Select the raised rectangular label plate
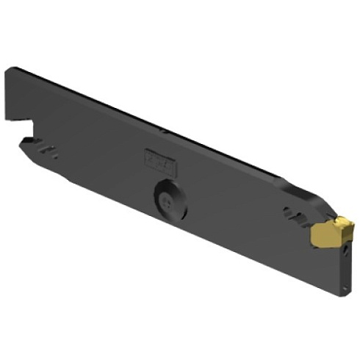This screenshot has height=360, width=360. point(161,158)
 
